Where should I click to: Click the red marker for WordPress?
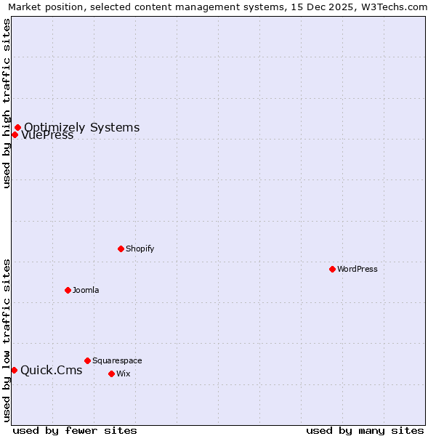(x=332, y=269)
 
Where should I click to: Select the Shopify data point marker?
(x=121, y=249)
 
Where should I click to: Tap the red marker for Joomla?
(x=68, y=290)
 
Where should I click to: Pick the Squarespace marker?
(x=87, y=360)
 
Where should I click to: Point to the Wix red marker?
(x=111, y=374)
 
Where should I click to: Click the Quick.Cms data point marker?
(x=14, y=370)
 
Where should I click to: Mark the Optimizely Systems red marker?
(x=17, y=128)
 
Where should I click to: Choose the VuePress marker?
(x=15, y=134)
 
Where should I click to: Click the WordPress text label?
(x=357, y=269)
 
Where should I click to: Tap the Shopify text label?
(x=140, y=249)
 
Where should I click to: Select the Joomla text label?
(x=86, y=290)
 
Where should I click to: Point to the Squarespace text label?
(x=117, y=360)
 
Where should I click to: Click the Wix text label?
(x=123, y=374)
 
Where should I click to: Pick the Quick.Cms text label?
(x=51, y=370)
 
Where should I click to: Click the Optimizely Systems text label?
(x=81, y=128)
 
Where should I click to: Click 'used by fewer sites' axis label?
(x=75, y=430)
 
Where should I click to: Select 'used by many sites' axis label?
(x=365, y=430)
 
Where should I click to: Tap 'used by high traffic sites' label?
(x=7, y=103)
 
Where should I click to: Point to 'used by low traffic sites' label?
(x=7, y=340)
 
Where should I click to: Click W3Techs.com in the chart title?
(x=392, y=7)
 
